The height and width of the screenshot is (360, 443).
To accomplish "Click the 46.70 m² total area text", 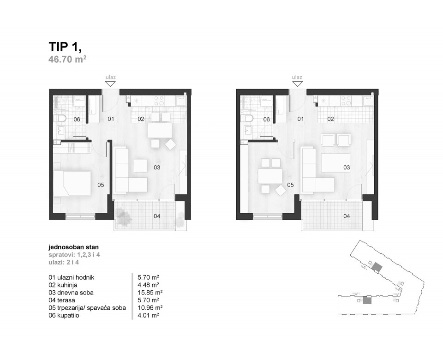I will pos(68,59).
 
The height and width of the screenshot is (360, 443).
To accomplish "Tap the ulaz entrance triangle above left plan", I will pos(110,84).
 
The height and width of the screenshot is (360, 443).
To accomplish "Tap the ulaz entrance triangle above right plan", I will pos(297,84).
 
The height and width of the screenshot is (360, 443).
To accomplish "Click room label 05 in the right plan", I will pos(290,185).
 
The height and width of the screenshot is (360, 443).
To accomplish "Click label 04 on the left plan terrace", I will pos(157,216).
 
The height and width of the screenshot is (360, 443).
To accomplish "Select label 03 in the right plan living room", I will pos(346,168).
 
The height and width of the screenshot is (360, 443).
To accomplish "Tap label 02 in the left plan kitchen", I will pos(141,119).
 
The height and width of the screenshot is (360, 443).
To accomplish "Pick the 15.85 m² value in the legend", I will pos(150,293).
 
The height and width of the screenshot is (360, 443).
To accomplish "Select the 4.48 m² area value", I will pos(149,285).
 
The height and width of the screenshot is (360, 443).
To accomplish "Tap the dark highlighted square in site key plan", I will pos(367,301).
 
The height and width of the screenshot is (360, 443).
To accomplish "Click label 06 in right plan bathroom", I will pos(266,119).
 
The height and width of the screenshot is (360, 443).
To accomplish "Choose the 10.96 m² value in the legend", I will pos(150,307).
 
